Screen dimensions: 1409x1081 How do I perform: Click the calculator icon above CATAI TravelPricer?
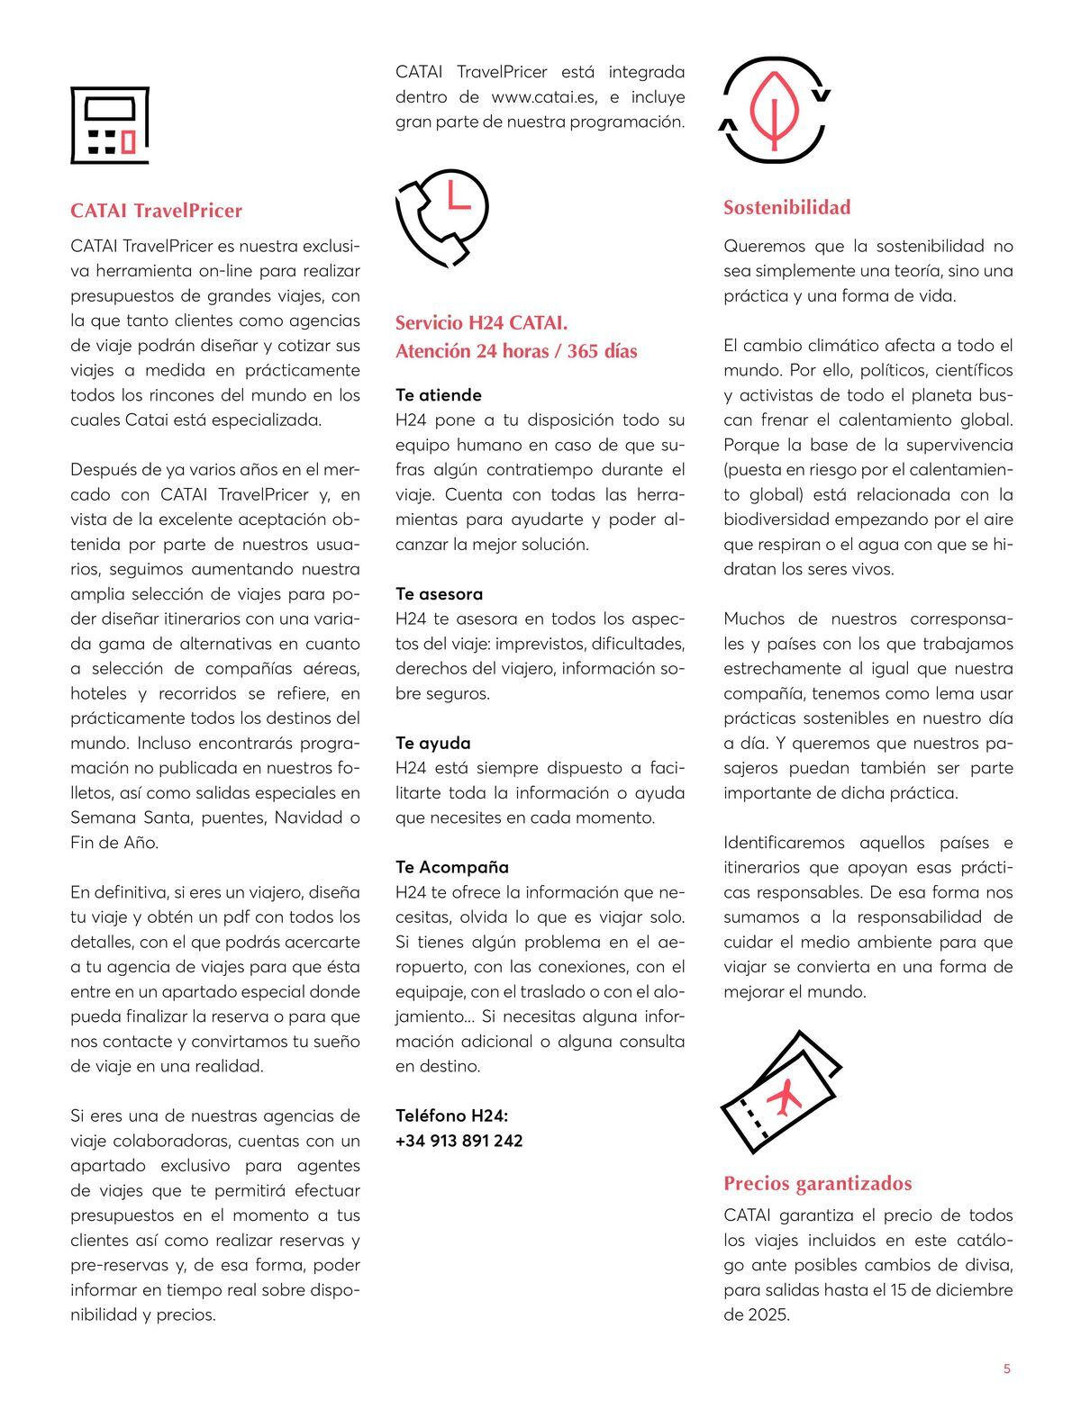109,125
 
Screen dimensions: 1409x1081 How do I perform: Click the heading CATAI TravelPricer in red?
156,211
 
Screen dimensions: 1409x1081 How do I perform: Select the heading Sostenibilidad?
786,207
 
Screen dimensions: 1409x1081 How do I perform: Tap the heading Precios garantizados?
817,1183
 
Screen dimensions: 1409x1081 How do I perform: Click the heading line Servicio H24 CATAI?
481,323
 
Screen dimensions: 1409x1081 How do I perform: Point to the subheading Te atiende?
439,394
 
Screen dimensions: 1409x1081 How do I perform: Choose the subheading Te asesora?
439,593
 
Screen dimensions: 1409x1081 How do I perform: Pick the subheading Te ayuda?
432,743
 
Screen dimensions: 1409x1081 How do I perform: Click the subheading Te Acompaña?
452,867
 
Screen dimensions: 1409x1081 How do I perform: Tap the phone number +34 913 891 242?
459,1141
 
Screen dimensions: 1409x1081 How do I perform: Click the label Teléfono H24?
451,1115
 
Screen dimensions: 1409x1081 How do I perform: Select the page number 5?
1006,1369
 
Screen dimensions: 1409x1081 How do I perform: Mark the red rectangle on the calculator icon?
128,141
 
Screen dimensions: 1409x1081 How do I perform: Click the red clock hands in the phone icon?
458,198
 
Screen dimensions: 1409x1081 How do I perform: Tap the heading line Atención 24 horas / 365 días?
516,351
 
